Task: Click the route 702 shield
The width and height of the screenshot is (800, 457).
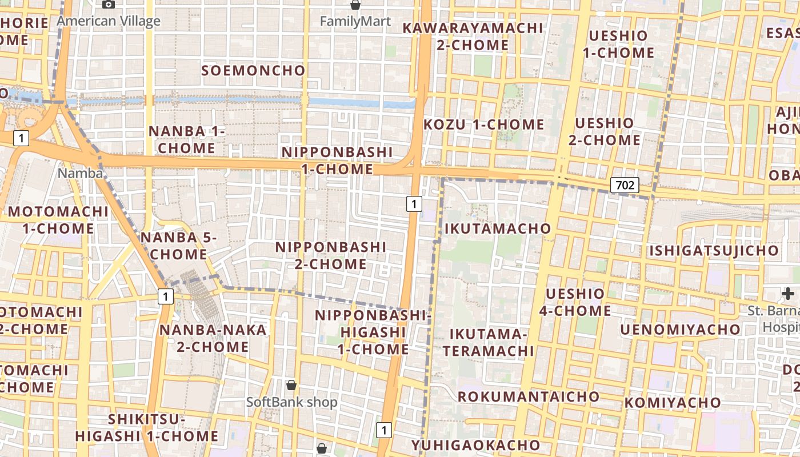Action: (x=625, y=185)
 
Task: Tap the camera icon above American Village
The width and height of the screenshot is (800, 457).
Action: (x=108, y=5)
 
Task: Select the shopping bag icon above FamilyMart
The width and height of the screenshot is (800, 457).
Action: (x=355, y=5)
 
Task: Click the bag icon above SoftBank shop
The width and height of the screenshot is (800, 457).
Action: (x=291, y=385)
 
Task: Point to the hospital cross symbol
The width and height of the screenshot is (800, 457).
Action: (x=788, y=294)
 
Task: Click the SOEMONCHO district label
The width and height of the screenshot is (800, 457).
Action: (x=254, y=70)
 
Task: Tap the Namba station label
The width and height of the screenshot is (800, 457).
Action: (x=81, y=173)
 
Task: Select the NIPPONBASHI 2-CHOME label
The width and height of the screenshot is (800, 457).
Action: (x=331, y=255)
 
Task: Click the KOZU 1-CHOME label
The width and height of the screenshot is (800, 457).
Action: (x=484, y=125)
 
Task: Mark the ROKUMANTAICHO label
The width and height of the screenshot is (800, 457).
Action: (x=529, y=396)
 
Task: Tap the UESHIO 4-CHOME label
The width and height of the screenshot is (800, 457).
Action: (x=575, y=302)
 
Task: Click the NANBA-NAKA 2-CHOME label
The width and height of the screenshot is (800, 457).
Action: (x=213, y=338)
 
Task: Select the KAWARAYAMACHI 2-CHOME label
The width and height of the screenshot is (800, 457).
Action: (x=473, y=36)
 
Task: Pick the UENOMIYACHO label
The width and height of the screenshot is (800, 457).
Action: (x=680, y=330)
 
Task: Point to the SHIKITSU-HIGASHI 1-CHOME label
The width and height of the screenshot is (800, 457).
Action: (x=147, y=428)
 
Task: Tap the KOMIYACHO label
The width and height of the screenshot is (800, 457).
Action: (x=673, y=403)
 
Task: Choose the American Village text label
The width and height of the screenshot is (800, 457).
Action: (x=109, y=22)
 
